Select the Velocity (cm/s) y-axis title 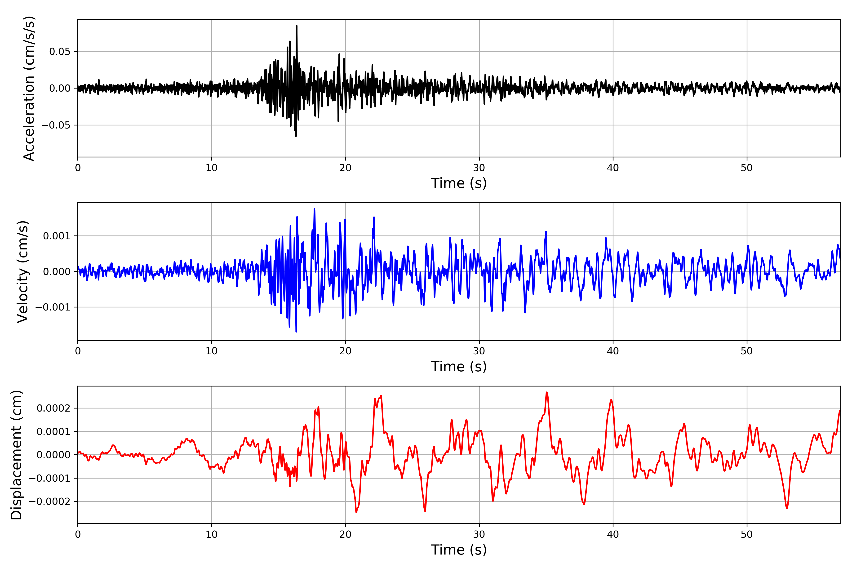pyautogui.click(x=23, y=272)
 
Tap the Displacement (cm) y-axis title pyautogui.click(x=17, y=455)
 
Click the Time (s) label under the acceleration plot pyautogui.click(x=459, y=183)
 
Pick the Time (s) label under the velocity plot pyautogui.click(x=459, y=367)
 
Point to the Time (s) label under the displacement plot pyautogui.click(x=459, y=550)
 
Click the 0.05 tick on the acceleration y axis pyautogui.click(x=60, y=51)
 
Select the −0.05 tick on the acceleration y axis pyautogui.click(x=56, y=125)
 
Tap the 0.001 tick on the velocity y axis pyautogui.click(x=57, y=236)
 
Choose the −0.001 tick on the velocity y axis pyautogui.click(x=53, y=307)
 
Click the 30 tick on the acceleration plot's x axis pyautogui.click(x=479, y=168)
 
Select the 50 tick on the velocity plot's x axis pyautogui.click(x=747, y=351)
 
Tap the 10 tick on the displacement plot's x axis pyautogui.click(x=212, y=534)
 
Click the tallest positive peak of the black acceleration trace pyautogui.click(x=297, y=26)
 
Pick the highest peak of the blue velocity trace pyautogui.click(x=315, y=209)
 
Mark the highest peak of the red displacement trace pyautogui.click(x=547, y=392)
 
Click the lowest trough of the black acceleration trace pyautogui.click(x=296, y=136)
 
